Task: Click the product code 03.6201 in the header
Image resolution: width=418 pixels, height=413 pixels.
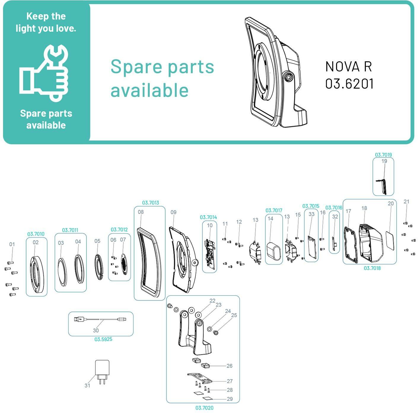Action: tap(349, 84)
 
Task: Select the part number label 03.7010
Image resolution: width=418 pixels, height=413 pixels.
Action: tap(36, 234)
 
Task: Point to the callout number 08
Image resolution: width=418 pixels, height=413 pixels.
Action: tap(141, 212)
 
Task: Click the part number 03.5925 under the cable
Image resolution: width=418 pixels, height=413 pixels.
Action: tap(103, 339)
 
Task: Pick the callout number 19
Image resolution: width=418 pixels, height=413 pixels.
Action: tap(384, 161)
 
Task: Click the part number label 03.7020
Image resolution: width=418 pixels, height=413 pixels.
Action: tap(204, 408)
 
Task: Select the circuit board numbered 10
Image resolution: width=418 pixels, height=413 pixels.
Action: tap(210, 254)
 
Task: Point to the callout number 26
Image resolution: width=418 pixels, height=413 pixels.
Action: tap(229, 366)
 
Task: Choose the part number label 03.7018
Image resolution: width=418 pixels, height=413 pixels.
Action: tap(372, 268)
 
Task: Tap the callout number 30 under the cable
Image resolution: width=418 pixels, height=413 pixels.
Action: tap(96, 330)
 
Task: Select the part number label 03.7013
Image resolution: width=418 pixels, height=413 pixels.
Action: tap(151, 203)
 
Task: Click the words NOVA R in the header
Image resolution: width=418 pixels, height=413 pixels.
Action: tap(349, 67)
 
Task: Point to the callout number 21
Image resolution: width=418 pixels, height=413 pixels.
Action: tap(406, 201)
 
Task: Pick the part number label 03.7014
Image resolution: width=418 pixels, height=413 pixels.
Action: tap(208, 217)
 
